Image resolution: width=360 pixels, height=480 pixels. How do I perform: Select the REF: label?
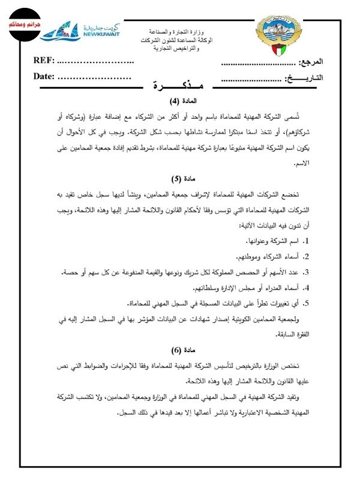[44, 61]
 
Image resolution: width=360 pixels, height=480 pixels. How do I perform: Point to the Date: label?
[44, 77]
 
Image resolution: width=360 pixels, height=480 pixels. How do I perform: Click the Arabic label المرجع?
[327, 62]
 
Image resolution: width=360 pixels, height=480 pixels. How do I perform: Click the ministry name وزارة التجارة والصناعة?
[179, 31]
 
